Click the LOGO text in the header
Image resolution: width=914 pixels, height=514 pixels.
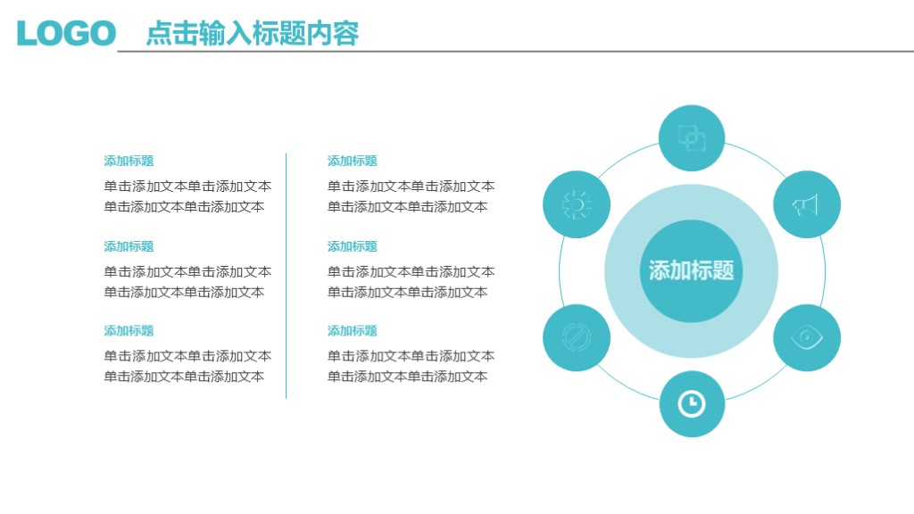pyautogui.click(x=66, y=33)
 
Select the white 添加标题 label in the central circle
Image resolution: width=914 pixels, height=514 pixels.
pyautogui.click(x=692, y=270)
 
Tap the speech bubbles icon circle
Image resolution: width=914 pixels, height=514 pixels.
pyautogui.click(x=692, y=138)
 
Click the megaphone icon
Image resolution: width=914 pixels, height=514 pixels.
pyautogui.click(x=806, y=204)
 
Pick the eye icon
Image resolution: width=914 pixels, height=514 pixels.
pyautogui.click(x=806, y=337)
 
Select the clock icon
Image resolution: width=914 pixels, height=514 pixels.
pyautogui.click(x=692, y=404)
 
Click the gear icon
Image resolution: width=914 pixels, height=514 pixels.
pyautogui.click(x=577, y=204)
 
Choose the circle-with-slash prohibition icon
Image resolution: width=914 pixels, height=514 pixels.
pyautogui.click(x=577, y=337)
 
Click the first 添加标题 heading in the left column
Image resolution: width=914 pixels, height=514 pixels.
pyautogui.click(x=129, y=161)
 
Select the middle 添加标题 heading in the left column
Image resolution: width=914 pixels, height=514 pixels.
pyautogui.click(x=129, y=246)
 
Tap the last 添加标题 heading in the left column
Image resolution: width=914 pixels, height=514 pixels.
pyautogui.click(x=129, y=331)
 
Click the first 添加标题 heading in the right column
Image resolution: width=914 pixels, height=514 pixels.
pyautogui.click(x=353, y=161)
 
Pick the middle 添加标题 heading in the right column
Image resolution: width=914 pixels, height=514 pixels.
pyautogui.click(x=353, y=246)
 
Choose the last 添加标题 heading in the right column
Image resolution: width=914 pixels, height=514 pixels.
pyautogui.click(x=353, y=331)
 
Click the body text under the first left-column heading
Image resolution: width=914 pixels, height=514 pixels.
pyautogui.click(x=187, y=196)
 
